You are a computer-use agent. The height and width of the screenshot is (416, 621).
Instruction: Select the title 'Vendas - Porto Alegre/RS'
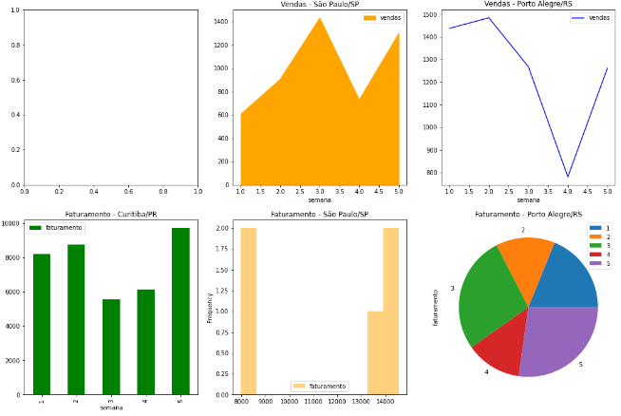(x=528, y=5)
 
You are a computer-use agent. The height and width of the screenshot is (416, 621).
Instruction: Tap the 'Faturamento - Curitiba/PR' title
(x=111, y=215)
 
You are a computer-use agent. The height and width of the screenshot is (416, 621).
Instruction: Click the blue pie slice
(x=568, y=280)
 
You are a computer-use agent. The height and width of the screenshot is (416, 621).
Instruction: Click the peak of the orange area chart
(x=320, y=19)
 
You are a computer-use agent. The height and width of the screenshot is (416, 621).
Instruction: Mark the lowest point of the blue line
(x=568, y=177)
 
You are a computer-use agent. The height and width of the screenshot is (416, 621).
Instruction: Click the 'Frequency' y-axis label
(x=210, y=308)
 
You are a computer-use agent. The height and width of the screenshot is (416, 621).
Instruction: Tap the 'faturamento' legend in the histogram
(x=320, y=387)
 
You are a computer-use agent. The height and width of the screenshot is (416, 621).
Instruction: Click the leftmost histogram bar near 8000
(x=248, y=312)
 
